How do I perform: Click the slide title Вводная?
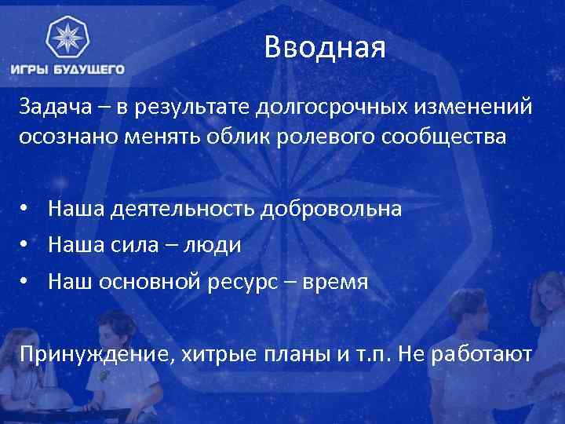[325, 49]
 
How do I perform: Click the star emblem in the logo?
[67, 39]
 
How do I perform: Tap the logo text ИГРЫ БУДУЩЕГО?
[67, 69]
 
